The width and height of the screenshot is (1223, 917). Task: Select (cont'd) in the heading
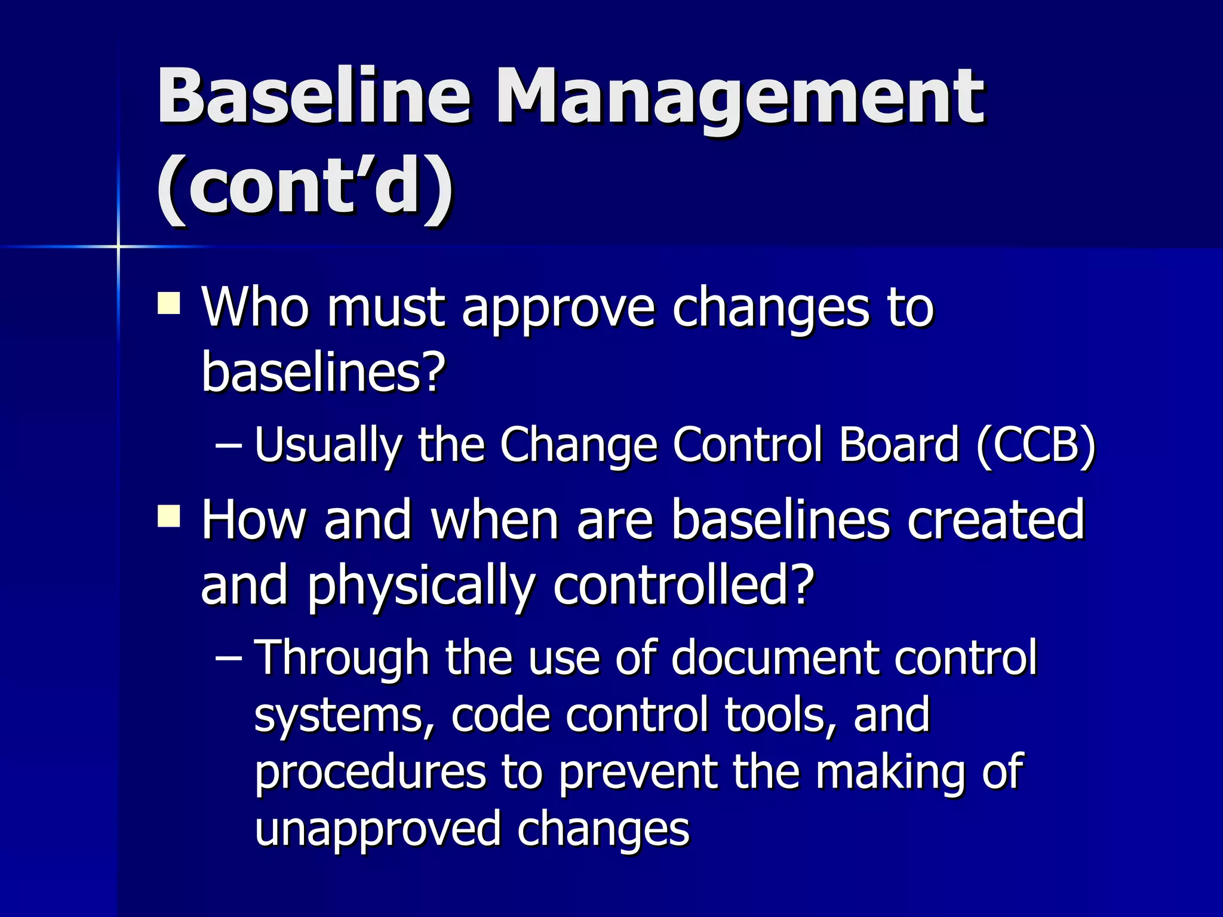pos(305,185)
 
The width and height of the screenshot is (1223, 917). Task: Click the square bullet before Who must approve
pos(169,303)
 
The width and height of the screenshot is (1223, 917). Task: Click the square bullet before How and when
pos(169,516)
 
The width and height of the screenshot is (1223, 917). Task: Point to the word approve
pos(558,309)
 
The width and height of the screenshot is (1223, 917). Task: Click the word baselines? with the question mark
pos(324,371)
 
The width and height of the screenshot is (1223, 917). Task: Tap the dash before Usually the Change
pos(228,445)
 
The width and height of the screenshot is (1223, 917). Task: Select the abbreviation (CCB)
pos(1036,445)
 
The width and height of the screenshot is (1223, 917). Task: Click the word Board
pos(899,445)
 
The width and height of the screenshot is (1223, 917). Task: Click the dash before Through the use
pos(228,657)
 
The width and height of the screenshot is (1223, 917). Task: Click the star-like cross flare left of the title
pos(118,246)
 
